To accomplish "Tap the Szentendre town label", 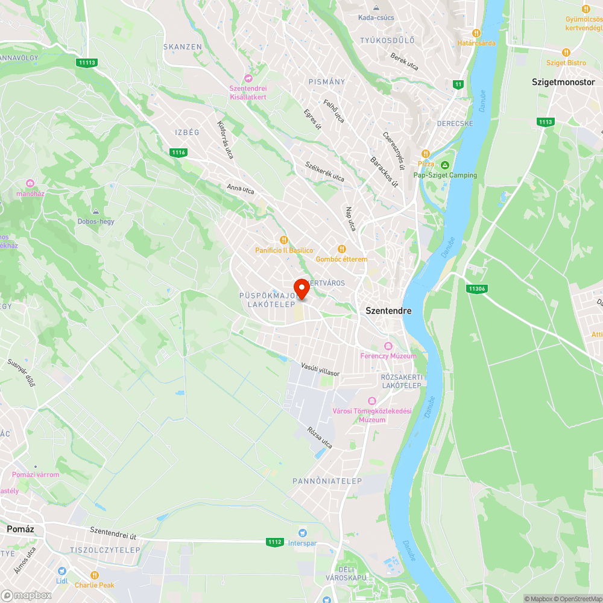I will point(389,311).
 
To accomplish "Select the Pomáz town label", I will point(20,529).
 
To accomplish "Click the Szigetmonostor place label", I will point(563,81).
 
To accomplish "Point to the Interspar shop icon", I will point(303,532).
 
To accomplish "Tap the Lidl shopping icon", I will point(62,571).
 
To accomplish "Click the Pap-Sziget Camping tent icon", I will point(445,165).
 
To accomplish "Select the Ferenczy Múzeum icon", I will point(388,346).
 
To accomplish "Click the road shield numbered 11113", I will point(87,62).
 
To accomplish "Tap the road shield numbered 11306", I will point(476,289).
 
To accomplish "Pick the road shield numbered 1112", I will point(274,542).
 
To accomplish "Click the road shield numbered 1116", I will point(178,153).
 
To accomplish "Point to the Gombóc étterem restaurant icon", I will point(341,248).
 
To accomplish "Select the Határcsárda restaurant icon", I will point(476,33).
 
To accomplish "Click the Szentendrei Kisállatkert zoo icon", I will point(248,78).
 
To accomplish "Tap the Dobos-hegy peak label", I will point(96,221).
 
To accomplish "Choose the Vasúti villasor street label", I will point(321,369).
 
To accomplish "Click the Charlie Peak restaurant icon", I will point(95,575).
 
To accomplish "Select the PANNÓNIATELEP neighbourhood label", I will point(327,481).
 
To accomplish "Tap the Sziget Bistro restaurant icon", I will point(566,52).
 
